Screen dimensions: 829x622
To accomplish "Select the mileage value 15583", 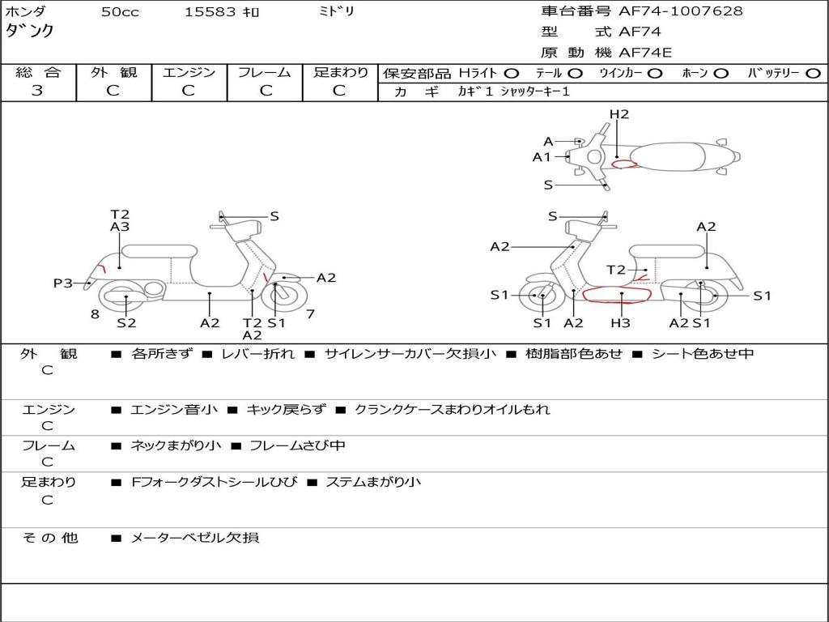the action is point(210,12).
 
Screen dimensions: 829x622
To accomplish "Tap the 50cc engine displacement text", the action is point(120,12).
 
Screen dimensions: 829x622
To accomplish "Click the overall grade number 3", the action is point(37,90).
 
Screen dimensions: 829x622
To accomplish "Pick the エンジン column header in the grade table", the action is point(189,73).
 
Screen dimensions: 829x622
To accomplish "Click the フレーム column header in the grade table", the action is point(264,73).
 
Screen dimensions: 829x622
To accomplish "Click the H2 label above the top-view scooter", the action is point(619,114).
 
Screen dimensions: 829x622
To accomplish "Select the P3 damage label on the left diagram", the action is point(63,283).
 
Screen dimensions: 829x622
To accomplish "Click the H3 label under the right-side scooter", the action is point(620,323).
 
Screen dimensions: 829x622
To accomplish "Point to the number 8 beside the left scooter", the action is point(95,314).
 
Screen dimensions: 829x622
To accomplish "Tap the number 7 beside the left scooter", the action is point(310,314).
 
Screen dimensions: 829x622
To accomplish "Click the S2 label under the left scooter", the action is point(126,323).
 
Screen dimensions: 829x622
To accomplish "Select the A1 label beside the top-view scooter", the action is point(542,157).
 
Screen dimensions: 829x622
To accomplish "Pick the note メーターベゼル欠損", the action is point(194,538).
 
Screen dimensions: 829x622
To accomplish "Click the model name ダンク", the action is point(30,31).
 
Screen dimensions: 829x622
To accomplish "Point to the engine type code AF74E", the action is point(645,53).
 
